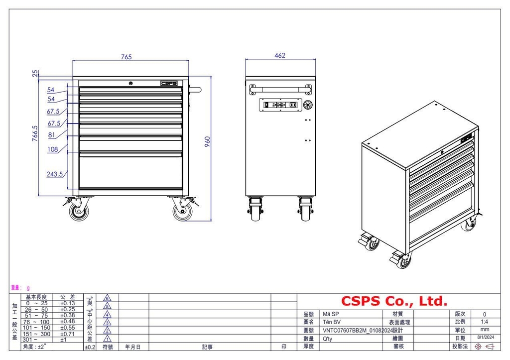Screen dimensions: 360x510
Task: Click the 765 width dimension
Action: pos(126,57)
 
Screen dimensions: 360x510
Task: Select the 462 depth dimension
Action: pos(280,56)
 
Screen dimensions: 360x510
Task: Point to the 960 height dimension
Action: pos(208,141)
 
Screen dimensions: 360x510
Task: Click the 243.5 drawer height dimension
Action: pos(54,174)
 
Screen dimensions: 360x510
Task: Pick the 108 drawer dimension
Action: pos(53,149)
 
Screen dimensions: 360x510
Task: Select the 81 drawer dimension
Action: pos(52,134)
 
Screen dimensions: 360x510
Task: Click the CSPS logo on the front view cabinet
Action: pos(169,84)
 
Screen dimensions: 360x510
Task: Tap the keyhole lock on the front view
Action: pos(130,84)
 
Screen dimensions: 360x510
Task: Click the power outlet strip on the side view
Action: pos(279,105)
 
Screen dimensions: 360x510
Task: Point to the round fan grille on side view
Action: pos(307,105)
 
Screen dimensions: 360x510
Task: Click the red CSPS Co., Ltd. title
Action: pos(394,301)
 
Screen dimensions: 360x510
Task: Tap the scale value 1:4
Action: pos(485,322)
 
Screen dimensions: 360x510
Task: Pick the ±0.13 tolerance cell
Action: pos(67,303)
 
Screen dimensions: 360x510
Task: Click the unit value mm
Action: pos(485,330)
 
